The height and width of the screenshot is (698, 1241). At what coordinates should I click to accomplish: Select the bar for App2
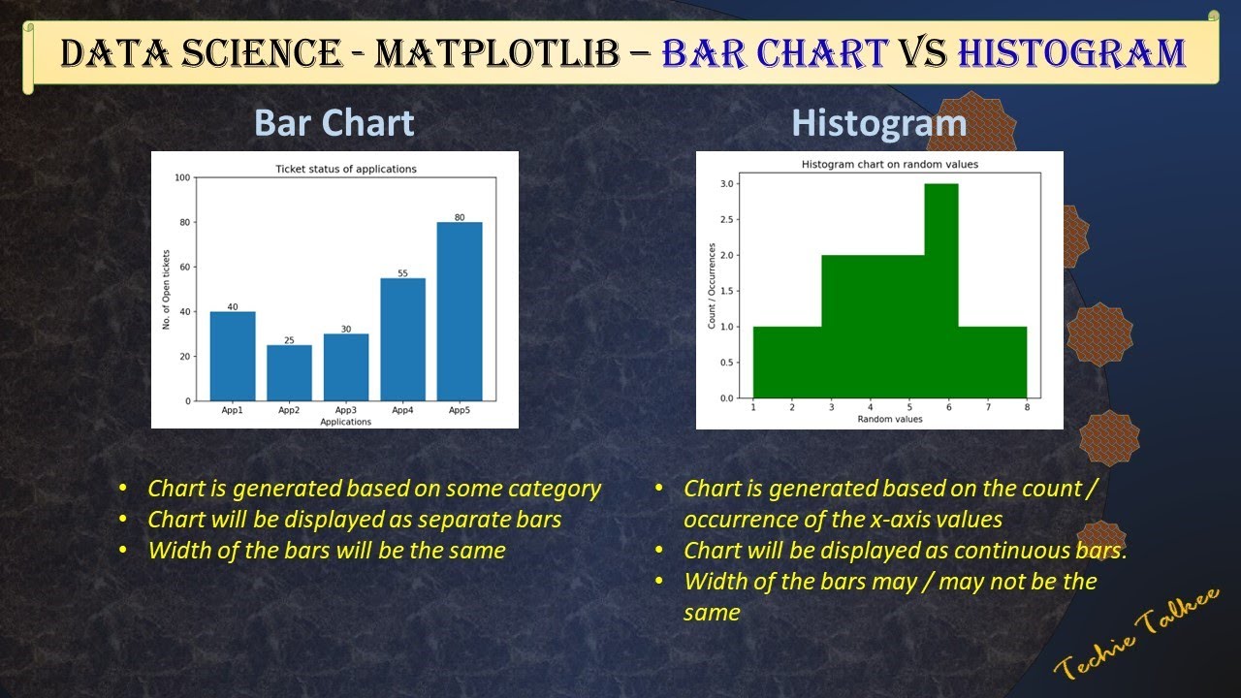coord(289,373)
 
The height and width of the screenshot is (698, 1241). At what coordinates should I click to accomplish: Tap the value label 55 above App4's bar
coord(402,273)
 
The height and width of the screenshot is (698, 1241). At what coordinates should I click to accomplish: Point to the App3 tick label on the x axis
coord(346,411)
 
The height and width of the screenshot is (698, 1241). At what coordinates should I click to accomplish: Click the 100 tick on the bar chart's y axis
coord(182,177)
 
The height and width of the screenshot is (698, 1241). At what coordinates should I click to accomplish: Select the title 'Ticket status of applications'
coord(346,169)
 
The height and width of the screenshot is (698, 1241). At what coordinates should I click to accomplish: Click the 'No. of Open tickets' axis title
coord(166,289)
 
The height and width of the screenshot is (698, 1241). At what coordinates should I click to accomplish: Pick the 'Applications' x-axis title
coord(346,422)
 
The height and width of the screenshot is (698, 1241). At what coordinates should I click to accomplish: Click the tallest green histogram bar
coord(940,291)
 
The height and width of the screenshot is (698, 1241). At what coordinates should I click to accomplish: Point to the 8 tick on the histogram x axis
coord(1027,408)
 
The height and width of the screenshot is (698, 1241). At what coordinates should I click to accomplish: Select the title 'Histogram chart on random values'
coord(889,165)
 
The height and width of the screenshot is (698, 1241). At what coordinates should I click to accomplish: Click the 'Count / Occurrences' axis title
coord(712,286)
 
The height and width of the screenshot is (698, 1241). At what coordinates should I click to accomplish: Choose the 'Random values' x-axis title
coord(889,420)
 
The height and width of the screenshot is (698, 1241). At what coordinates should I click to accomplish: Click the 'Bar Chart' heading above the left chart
coord(334,123)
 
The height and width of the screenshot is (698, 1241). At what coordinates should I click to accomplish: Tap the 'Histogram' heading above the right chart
coord(878,123)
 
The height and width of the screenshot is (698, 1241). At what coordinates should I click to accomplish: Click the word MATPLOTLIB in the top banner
coord(496,52)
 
